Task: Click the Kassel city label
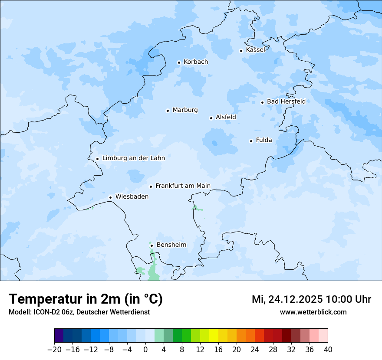pos(255,50)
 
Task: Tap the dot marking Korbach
pos(179,62)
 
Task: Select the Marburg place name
pos(185,110)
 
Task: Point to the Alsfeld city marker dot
pos(211,118)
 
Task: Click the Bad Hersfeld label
pos(286,101)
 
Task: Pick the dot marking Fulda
pos(251,141)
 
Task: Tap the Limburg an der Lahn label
pos(133,158)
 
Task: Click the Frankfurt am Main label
pos(183,186)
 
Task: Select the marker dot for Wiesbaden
pos(111,197)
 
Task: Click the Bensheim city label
pos(171,245)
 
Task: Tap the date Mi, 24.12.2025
pos(286,299)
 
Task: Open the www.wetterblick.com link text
pos(313,312)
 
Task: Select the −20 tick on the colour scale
pos(54,349)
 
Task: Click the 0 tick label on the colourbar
pos(145,349)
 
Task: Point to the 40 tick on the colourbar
pos(328,349)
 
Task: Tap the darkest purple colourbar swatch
pos(59,336)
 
